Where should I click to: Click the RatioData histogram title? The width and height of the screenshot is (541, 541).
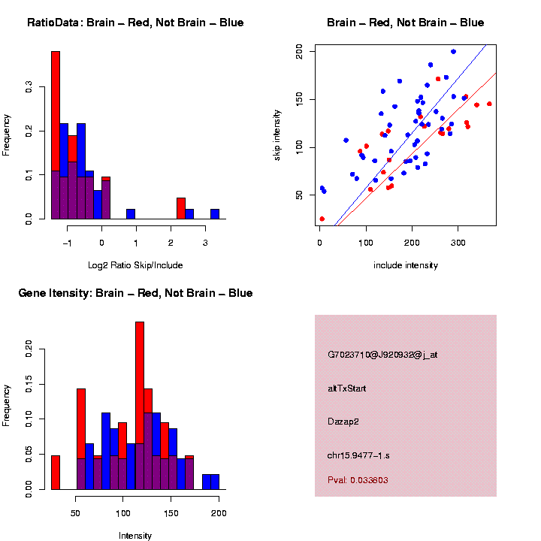point(135,23)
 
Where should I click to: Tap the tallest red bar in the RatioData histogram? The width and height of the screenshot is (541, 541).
point(56,113)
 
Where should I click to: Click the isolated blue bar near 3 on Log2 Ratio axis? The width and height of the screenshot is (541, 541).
point(215,214)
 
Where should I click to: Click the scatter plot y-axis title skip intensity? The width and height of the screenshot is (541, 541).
point(277,134)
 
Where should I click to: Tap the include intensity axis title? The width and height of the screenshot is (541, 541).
point(406,265)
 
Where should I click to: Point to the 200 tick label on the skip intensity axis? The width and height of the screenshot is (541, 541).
point(300,52)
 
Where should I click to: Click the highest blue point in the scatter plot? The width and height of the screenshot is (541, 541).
point(453,52)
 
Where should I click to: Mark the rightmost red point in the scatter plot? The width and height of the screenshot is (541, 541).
point(489,104)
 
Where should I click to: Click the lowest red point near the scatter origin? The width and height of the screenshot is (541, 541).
point(322,219)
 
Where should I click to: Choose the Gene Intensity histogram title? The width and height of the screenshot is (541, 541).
point(135,293)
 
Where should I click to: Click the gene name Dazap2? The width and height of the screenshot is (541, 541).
point(343,422)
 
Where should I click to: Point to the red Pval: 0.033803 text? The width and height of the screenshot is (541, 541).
point(358,479)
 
